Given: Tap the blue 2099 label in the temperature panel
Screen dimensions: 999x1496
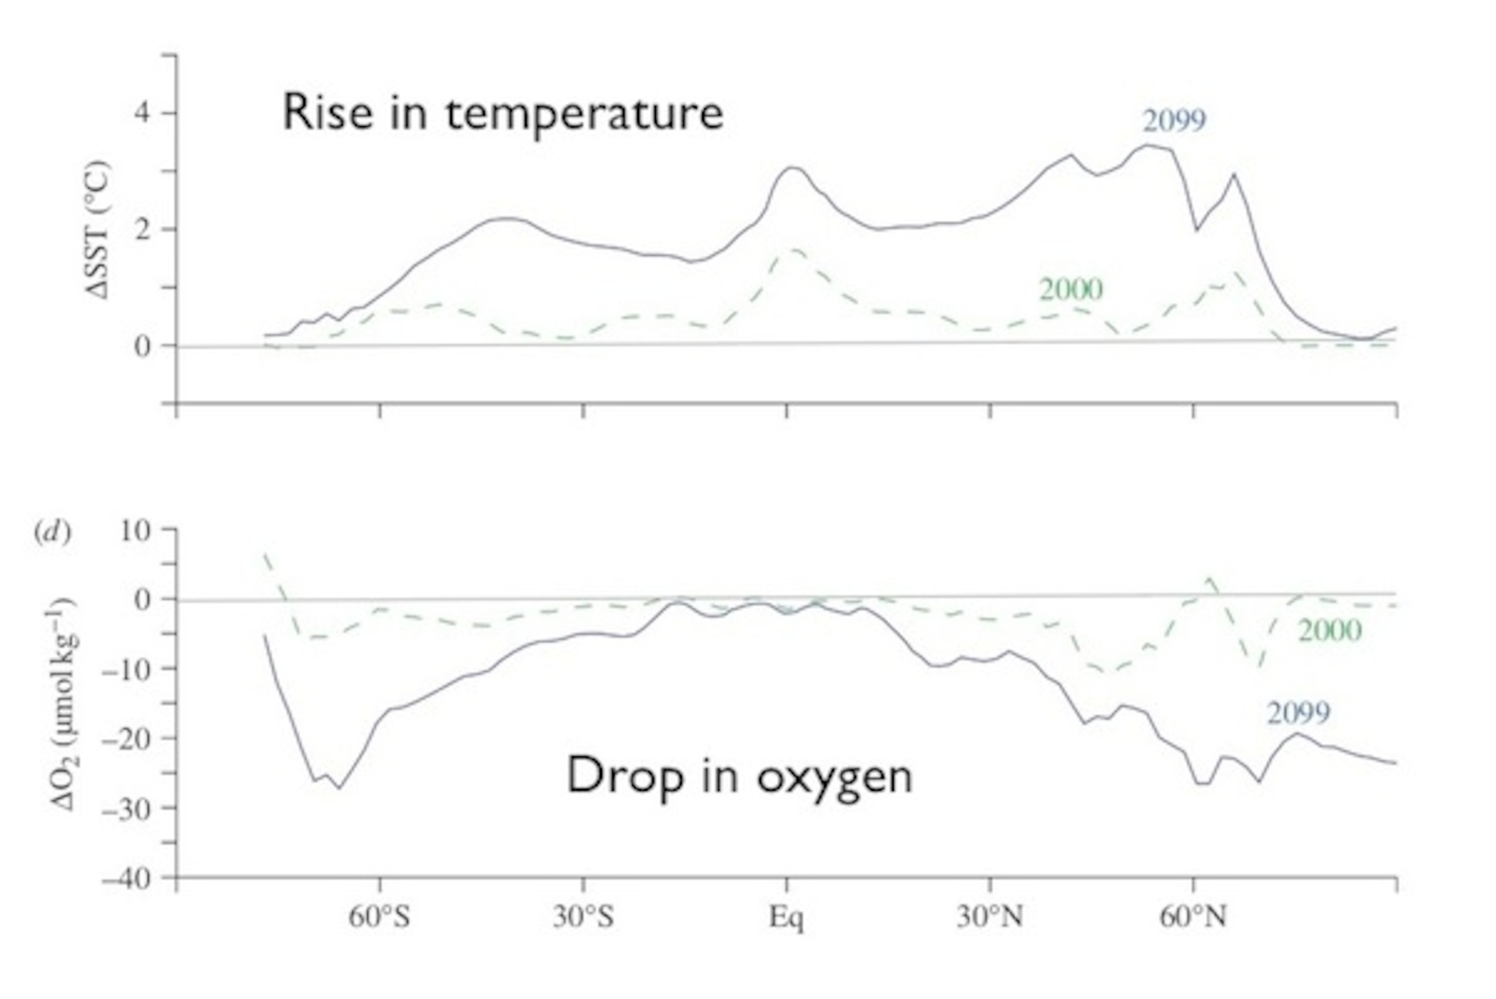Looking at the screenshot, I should (x=1174, y=120).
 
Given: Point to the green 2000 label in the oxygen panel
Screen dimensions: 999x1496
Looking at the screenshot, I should (x=1329, y=631).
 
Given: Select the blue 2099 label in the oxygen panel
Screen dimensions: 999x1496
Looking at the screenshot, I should (x=1298, y=713).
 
